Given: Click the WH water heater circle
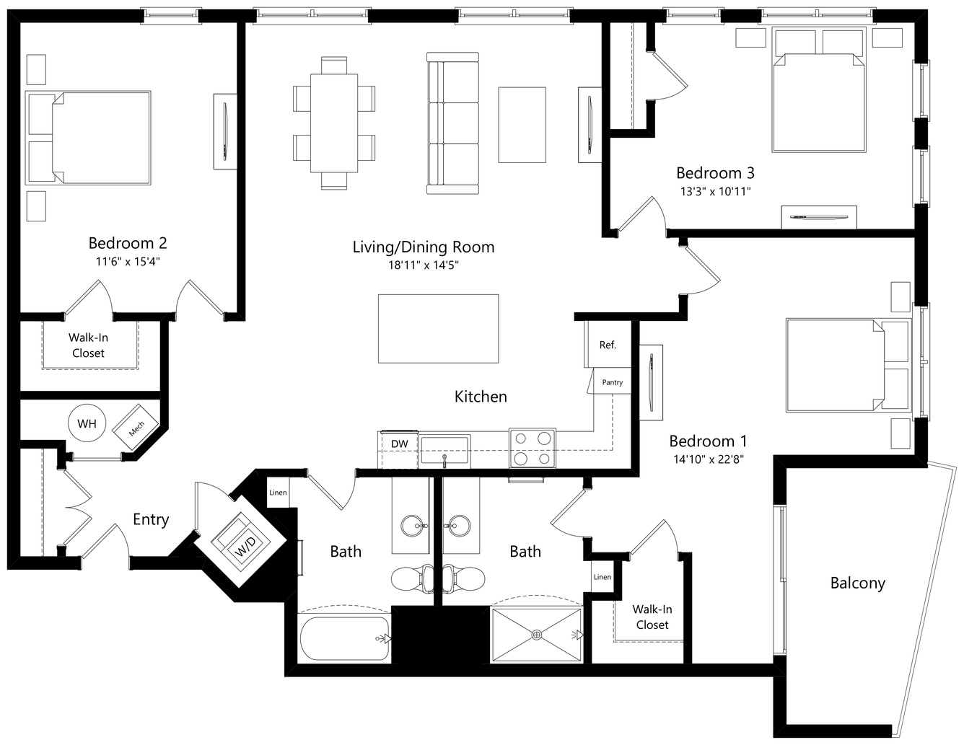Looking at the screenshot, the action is pos(87,423).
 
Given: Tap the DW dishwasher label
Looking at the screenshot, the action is pos(399,444).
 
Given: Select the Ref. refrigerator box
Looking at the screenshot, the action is pos(608,344).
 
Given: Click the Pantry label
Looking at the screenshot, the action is pos(612,382).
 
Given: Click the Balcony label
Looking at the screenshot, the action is pos(857,583).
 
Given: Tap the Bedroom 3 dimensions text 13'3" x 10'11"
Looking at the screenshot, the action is pos(716,191).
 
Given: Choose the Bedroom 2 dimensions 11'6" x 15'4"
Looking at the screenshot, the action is pos(128,262).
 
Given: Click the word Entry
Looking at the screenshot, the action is pos(151,519).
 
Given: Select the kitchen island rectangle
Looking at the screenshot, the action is pos(438,328).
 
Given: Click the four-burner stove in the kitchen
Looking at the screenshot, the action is pos(533,448).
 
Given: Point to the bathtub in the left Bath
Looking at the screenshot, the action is pos(345,639).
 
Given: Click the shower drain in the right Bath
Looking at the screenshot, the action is pos(536,635).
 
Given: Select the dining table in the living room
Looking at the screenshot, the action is pos(334,123).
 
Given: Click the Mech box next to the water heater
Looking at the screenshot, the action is pos(136,426).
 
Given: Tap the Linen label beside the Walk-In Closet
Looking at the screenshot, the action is pos(602,576).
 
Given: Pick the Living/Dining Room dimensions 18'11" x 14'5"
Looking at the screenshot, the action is pos(424,265).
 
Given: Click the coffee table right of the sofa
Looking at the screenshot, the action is pos(522,125).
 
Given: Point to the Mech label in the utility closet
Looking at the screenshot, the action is pos(136,428).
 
